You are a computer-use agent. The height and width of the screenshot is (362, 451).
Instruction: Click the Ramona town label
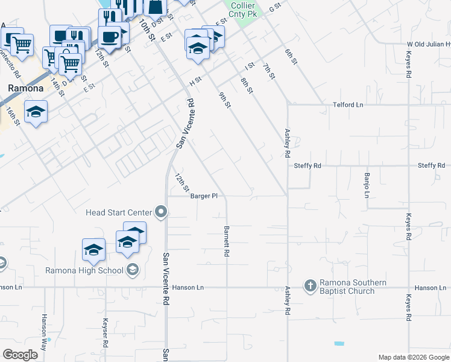[25, 88]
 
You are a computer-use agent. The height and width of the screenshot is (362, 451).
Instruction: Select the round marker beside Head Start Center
[160, 212]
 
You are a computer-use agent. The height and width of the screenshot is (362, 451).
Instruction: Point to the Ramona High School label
[84, 270]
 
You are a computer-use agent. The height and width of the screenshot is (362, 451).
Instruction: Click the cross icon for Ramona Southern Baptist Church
[310, 285]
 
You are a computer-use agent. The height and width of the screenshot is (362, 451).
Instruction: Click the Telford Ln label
[348, 105]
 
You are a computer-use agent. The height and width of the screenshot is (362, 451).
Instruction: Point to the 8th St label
[247, 86]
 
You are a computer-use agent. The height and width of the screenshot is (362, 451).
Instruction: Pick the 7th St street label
[269, 71]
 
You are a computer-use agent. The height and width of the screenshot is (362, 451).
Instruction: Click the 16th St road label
[14, 116]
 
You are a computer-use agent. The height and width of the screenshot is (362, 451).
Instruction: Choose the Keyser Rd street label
[106, 333]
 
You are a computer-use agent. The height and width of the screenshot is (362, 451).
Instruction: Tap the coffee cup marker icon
[110, 37]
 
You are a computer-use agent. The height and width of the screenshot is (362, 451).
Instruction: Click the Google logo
[21, 355]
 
